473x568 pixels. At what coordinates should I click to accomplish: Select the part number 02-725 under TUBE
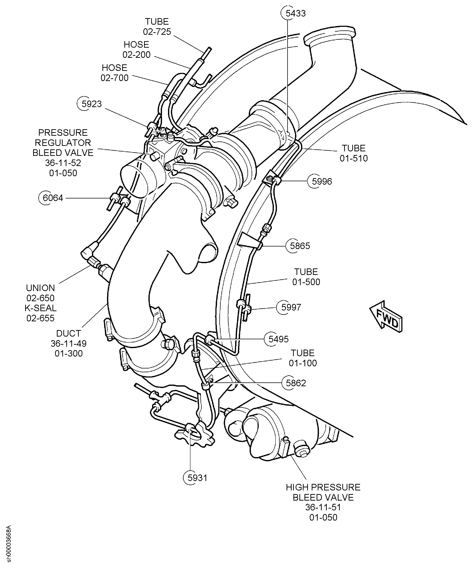[157, 32]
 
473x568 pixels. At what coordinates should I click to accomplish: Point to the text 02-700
[115, 78]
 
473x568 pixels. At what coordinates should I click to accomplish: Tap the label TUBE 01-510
[354, 153]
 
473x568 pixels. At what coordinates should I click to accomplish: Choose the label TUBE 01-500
[306, 277]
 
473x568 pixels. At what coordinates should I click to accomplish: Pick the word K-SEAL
[41, 308]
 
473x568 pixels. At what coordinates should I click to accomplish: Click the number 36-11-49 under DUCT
[69, 343]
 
